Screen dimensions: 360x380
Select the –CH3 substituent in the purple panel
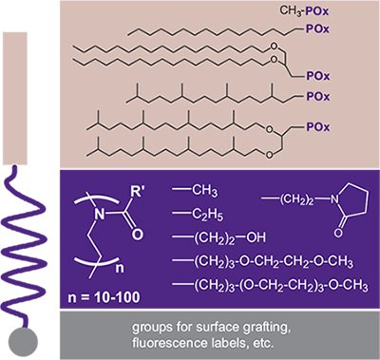(x=202, y=189)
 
